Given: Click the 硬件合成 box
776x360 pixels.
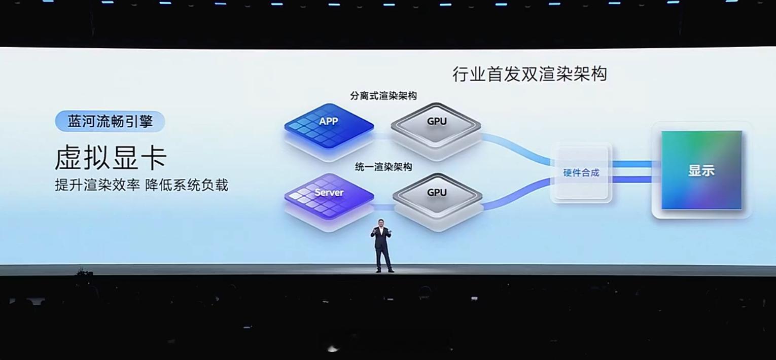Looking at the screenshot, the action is coord(581,173).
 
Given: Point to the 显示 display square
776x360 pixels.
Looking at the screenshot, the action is coord(701,170).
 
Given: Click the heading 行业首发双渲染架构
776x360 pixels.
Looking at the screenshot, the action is coord(530,75).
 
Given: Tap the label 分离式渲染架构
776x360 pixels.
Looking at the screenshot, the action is coord(383,96).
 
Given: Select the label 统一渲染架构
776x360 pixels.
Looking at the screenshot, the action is coord(383,167).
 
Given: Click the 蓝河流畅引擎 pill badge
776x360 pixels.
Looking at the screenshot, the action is coord(110,122).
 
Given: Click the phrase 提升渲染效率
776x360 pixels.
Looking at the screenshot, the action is coord(97,185).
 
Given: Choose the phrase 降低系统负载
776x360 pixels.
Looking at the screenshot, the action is coord(187,185).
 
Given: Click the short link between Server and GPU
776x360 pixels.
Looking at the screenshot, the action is coord(384,207).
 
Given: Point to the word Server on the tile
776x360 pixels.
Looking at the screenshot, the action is coord(329,193).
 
